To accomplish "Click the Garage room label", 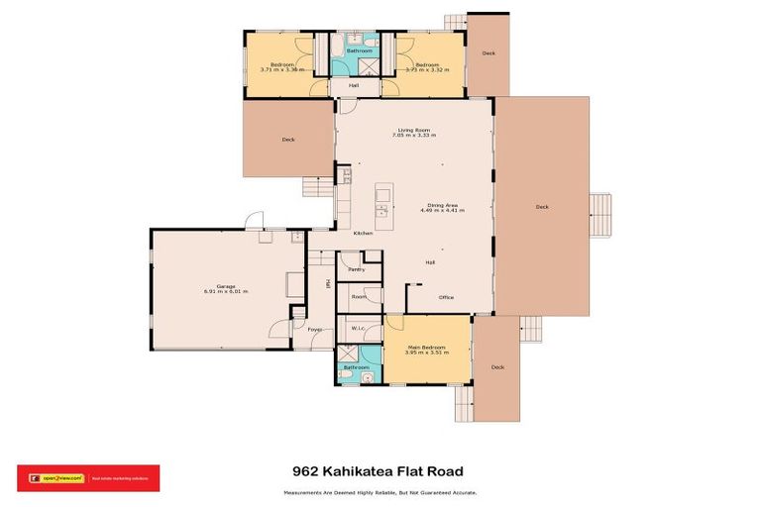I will coord(225,285).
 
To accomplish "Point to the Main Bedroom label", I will coord(426,348).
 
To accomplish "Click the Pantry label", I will coord(357,268).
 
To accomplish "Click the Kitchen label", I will coord(364,233).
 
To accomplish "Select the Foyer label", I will coord(313,329).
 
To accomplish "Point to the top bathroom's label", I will coord(359,51).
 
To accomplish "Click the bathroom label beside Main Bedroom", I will coord(356,367).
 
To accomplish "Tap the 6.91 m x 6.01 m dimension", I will coord(225,291).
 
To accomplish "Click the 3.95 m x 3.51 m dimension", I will coord(426,354).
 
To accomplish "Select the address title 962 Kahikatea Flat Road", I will coord(379,471).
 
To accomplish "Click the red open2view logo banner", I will coord(88,478).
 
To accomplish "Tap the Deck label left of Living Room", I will coord(288,140).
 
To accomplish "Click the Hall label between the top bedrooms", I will coord(353,85).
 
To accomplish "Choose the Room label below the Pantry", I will coord(359,296).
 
